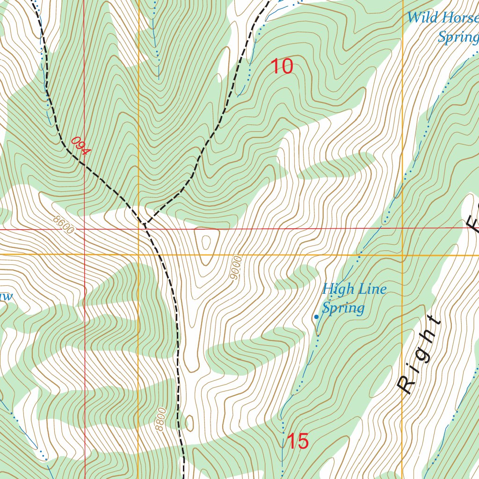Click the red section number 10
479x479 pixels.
pyautogui.click(x=282, y=66)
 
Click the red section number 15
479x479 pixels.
pyautogui.click(x=297, y=441)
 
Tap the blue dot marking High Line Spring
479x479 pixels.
pyautogui.click(x=317, y=317)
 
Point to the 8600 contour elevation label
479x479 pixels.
pyautogui.click(x=64, y=225)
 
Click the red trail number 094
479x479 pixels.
pyautogui.click(x=80, y=146)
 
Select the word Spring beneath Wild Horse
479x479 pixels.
pyautogui.click(x=457, y=37)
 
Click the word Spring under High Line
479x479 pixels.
pyautogui.click(x=343, y=308)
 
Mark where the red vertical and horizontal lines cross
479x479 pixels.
pyautogui.click(x=85, y=229)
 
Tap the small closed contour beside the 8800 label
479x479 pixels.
pyautogui.click(x=189, y=422)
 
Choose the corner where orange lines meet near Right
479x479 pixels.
pyautogui.click(x=403, y=255)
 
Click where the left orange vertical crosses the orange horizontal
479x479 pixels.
pyautogui.click(x=138, y=254)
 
